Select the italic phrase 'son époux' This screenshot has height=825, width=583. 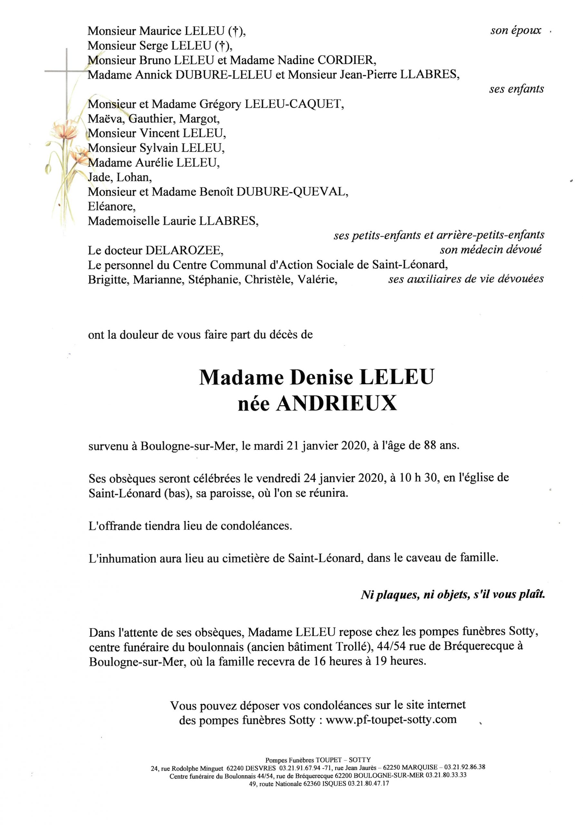click(x=515, y=31)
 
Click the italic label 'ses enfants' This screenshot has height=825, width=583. click(x=516, y=89)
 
